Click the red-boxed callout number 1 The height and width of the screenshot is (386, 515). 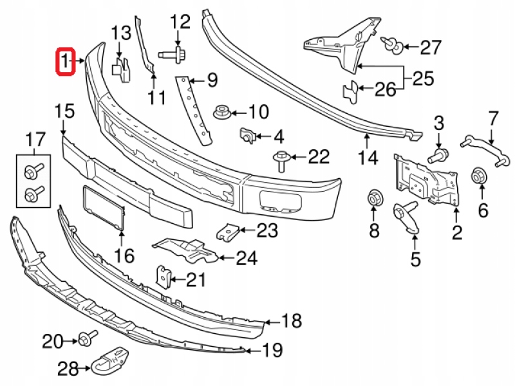[x=66, y=62]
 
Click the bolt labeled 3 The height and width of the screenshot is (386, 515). [x=438, y=153]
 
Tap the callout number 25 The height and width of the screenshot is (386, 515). [x=423, y=80]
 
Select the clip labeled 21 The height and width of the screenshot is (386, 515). [x=164, y=277]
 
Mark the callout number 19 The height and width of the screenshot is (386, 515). [x=272, y=351]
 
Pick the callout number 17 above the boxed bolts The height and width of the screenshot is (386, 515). [x=35, y=138]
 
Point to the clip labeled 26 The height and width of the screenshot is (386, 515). [x=351, y=91]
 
